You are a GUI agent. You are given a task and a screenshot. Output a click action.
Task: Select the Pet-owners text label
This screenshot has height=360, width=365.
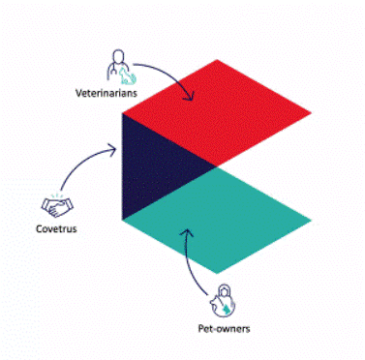(224, 330)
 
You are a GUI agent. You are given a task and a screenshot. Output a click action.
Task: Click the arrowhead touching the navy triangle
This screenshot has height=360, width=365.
(118, 149)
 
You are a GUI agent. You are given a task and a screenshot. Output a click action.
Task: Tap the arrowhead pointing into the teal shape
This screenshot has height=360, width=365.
(186, 233)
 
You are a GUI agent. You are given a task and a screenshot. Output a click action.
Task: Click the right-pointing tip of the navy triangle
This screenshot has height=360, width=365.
(215, 165)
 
